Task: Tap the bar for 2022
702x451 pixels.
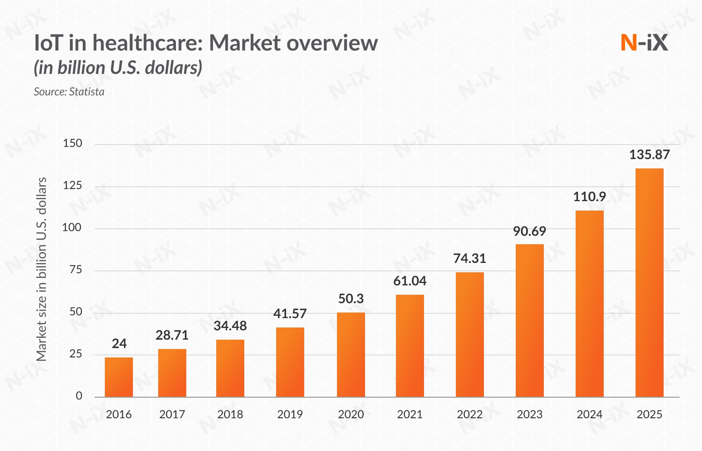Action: [x=470, y=335]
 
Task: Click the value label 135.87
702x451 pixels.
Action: [x=650, y=155]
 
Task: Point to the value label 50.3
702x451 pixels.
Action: [x=351, y=299]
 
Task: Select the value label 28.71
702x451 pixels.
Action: [x=172, y=335]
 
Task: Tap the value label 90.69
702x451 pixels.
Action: [x=530, y=232]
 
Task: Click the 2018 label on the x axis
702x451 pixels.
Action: [x=230, y=415]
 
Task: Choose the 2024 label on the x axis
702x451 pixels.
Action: [x=590, y=415]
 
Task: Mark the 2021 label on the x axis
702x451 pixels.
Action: [x=410, y=415]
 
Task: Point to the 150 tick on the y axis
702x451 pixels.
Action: [x=73, y=144]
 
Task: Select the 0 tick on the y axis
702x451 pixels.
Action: [x=79, y=396]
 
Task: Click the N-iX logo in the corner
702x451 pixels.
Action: [x=644, y=43]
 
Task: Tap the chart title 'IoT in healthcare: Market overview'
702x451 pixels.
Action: [x=206, y=43]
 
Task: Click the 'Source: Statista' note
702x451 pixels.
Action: [x=69, y=92]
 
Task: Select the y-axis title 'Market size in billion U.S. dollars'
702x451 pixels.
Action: [x=42, y=269]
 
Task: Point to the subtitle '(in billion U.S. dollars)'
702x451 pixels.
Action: [x=118, y=68]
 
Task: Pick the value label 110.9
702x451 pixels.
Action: [x=590, y=197]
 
